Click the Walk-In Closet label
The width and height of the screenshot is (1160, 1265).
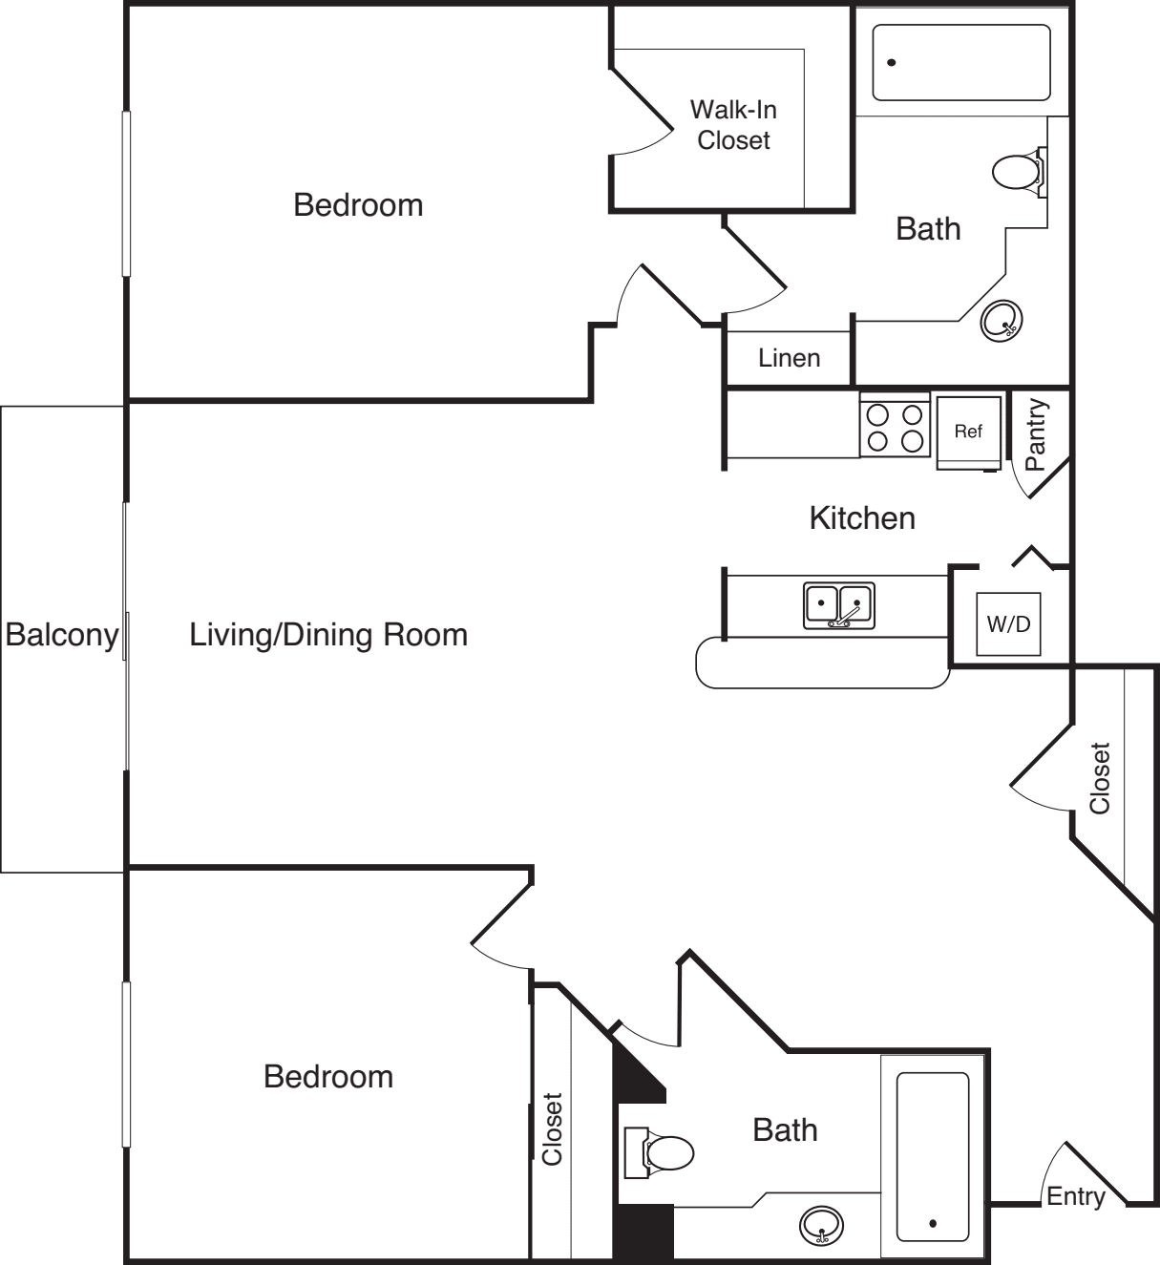tap(733, 125)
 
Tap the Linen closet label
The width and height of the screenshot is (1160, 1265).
tap(790, 358)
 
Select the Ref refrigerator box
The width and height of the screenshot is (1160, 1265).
tap(968, 432)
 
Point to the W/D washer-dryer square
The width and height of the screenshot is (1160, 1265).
tap(1008, 623)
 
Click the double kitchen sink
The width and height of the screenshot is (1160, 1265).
tap(839, 605)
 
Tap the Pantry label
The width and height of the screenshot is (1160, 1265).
tap(1036, 434)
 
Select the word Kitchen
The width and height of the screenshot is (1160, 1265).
tap(862, 518)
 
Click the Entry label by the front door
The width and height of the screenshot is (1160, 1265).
tap(1076, 1196)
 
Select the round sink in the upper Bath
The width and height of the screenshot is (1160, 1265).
tap(1002, 321)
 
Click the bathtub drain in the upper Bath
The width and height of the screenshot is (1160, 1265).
tap(892, 62)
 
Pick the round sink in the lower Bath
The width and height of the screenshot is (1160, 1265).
tap(821, 1226)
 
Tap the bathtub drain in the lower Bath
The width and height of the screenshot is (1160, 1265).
tap(933, 1223)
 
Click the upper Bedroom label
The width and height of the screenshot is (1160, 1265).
tap(358, 205)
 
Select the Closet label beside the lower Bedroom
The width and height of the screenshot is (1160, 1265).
tap(553, 1128)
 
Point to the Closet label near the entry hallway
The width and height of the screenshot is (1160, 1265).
tap(1100, 777)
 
